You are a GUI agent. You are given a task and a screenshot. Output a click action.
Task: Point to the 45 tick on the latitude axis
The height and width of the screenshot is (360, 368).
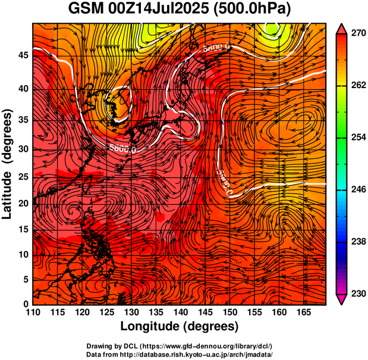pyautogui.click(x=23, y=55)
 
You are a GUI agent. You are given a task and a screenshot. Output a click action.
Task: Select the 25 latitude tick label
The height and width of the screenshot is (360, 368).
pyautogui.click(x=23, y=177)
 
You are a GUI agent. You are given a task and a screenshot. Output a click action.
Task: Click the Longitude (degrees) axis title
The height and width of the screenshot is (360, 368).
pyautogui.click(x=179, y=326)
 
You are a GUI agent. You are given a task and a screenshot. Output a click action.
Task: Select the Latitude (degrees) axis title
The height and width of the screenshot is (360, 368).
pyautogui.click(x=8, y=163)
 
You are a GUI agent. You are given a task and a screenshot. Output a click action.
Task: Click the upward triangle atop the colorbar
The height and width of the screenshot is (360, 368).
pyautogui.click(x=341, y=27)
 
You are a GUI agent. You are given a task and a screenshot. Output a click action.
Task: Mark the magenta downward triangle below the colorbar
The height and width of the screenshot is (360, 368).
pyautogui.click(x=341, y=300)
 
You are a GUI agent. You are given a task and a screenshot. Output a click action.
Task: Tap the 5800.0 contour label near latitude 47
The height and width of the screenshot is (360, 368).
pyautogui.click(x=216, y=46)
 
